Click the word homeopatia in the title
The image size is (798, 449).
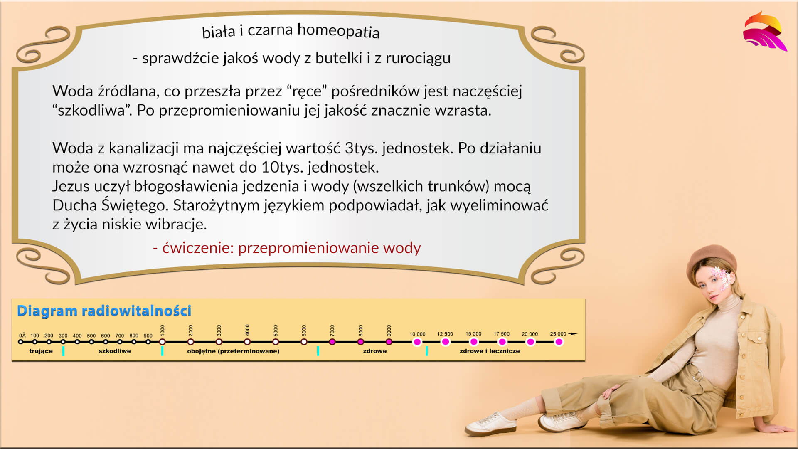338,31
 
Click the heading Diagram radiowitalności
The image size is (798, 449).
104,311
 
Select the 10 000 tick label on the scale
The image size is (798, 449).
417,334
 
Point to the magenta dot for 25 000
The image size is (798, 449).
559,342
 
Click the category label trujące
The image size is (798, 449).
41,351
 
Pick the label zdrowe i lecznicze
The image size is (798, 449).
490,351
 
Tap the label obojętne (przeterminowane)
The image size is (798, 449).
233,351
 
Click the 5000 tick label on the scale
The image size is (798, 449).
276,331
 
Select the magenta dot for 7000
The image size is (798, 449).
332,342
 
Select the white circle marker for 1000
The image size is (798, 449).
163,342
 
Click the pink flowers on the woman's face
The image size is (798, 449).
722,278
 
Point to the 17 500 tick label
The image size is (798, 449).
502,334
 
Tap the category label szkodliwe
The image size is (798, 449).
115,351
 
